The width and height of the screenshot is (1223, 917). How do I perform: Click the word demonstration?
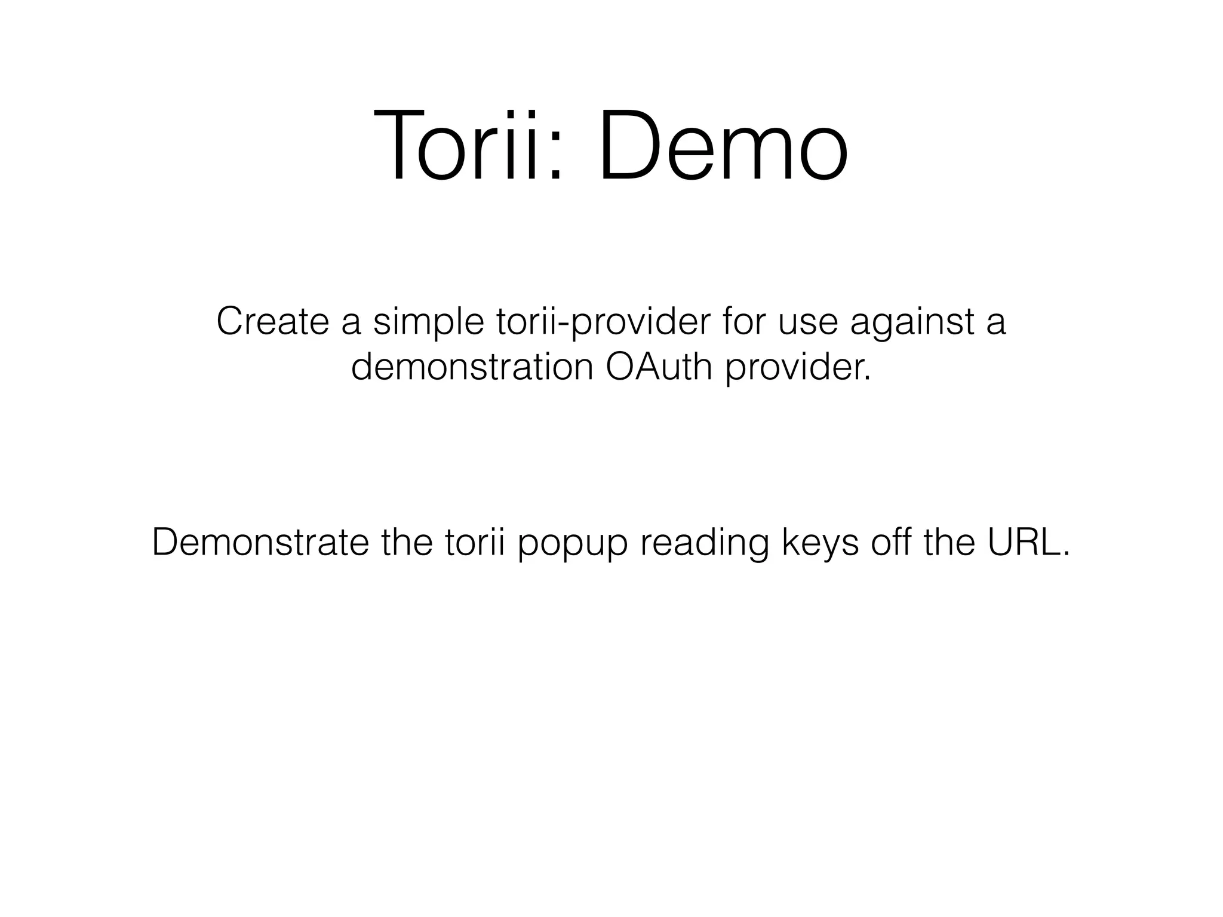coord(472,367)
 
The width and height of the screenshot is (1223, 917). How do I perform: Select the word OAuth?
coord(659,367)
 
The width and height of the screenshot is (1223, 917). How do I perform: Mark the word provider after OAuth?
coord(798,368)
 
